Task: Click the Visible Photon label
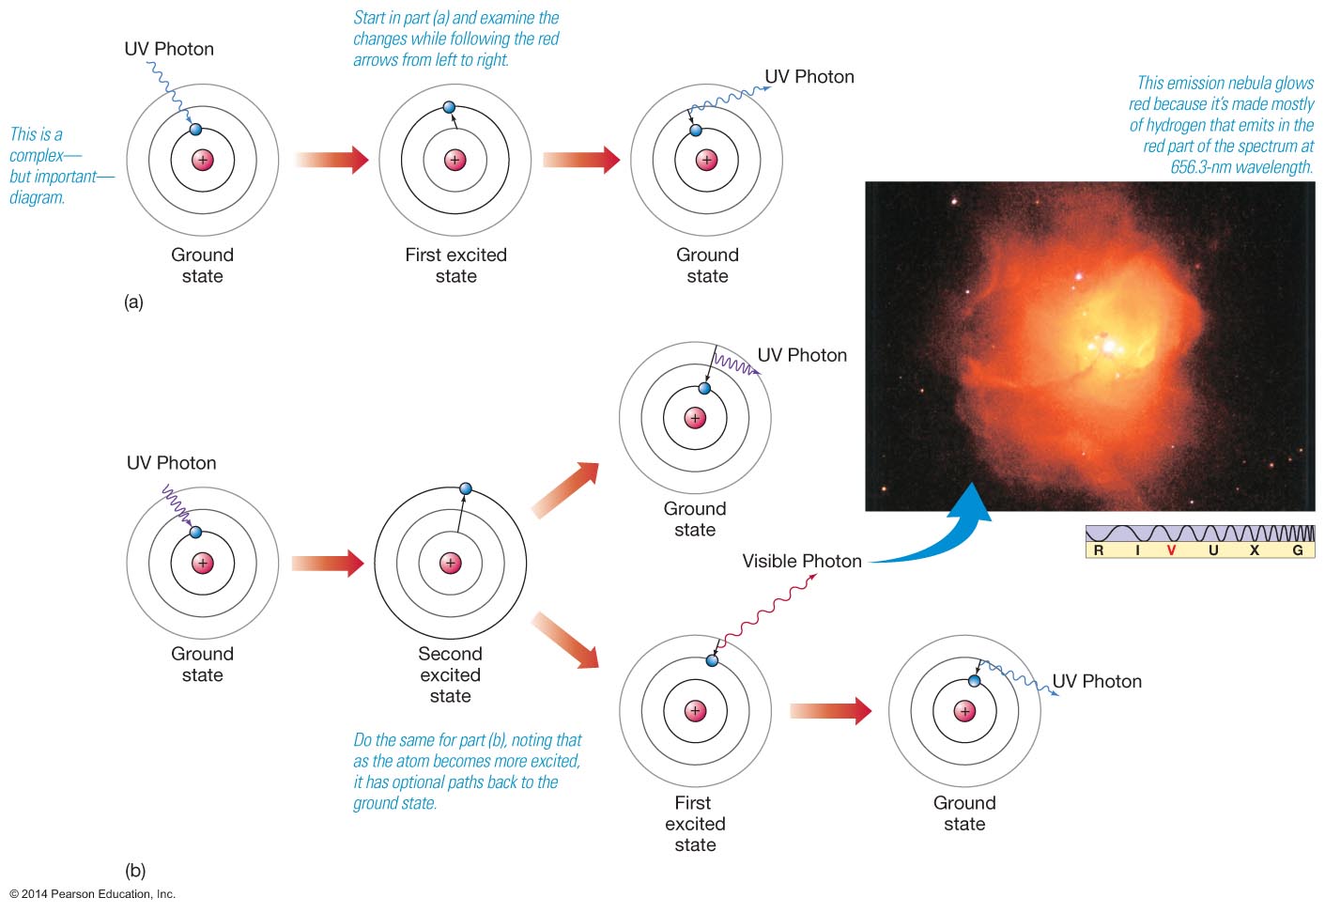click(x=801, y=561)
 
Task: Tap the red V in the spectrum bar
click(x=1171, y=550)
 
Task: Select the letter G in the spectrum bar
click(x=1298, y=550)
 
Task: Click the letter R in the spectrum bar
click(x=1099, y=550)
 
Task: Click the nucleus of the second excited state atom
click(x=451, y=563)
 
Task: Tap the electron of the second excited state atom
click(x=465, y=488)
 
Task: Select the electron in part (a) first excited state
click(x=449, y=107)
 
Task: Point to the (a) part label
click(x=133, y=302)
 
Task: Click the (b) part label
click(x=135, y=871)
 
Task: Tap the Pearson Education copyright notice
click(x=92, y=894)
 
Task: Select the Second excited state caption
click(x=451, y=674)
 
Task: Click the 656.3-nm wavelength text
click(x=1240, y=167)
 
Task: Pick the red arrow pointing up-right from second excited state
click(x=565, y=489)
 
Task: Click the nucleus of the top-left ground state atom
click(x=203, y=160)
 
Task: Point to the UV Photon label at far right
click(x=1097, y=681)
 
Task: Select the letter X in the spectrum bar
click(x=1254, y=550)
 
